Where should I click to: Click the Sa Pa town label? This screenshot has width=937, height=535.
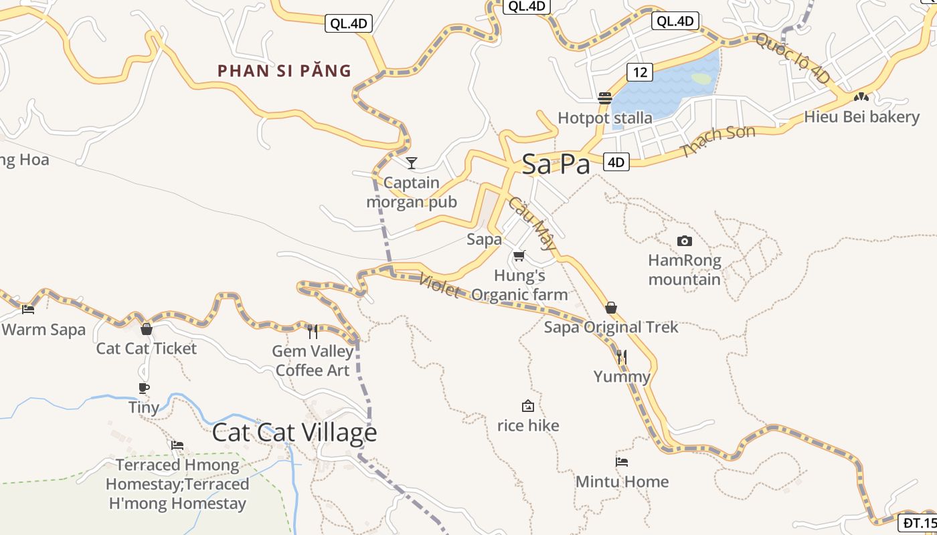[556, 164]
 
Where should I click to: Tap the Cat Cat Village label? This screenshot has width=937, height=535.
[294, 432]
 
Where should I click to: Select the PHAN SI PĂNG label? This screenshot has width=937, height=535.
[284, 71]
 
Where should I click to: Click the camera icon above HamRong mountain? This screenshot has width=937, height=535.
[684, 241]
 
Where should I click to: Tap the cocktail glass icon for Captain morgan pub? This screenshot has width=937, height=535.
[412, 163]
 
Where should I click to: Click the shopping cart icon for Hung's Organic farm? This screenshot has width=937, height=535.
[519, 255]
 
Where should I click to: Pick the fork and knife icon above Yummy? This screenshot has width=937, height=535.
[622, 357]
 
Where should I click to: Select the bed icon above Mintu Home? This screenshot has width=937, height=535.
[622, 461]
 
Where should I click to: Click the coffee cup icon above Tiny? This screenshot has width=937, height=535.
[144, 388]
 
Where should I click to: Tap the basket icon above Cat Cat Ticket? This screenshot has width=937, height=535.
[147, 329]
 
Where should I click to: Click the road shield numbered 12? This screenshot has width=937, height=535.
[641, 72]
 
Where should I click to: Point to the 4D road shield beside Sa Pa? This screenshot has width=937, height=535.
[616, 162]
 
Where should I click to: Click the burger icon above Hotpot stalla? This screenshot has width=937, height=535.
[605, 98]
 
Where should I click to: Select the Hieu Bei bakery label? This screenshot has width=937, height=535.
[861, 117]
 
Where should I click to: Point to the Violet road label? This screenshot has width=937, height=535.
[440, 287]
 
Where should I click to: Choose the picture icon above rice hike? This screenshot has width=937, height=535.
[528, 406]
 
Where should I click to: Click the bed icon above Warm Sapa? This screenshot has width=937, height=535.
[28, 309]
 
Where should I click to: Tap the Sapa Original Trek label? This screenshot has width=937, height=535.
[610, 327]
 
